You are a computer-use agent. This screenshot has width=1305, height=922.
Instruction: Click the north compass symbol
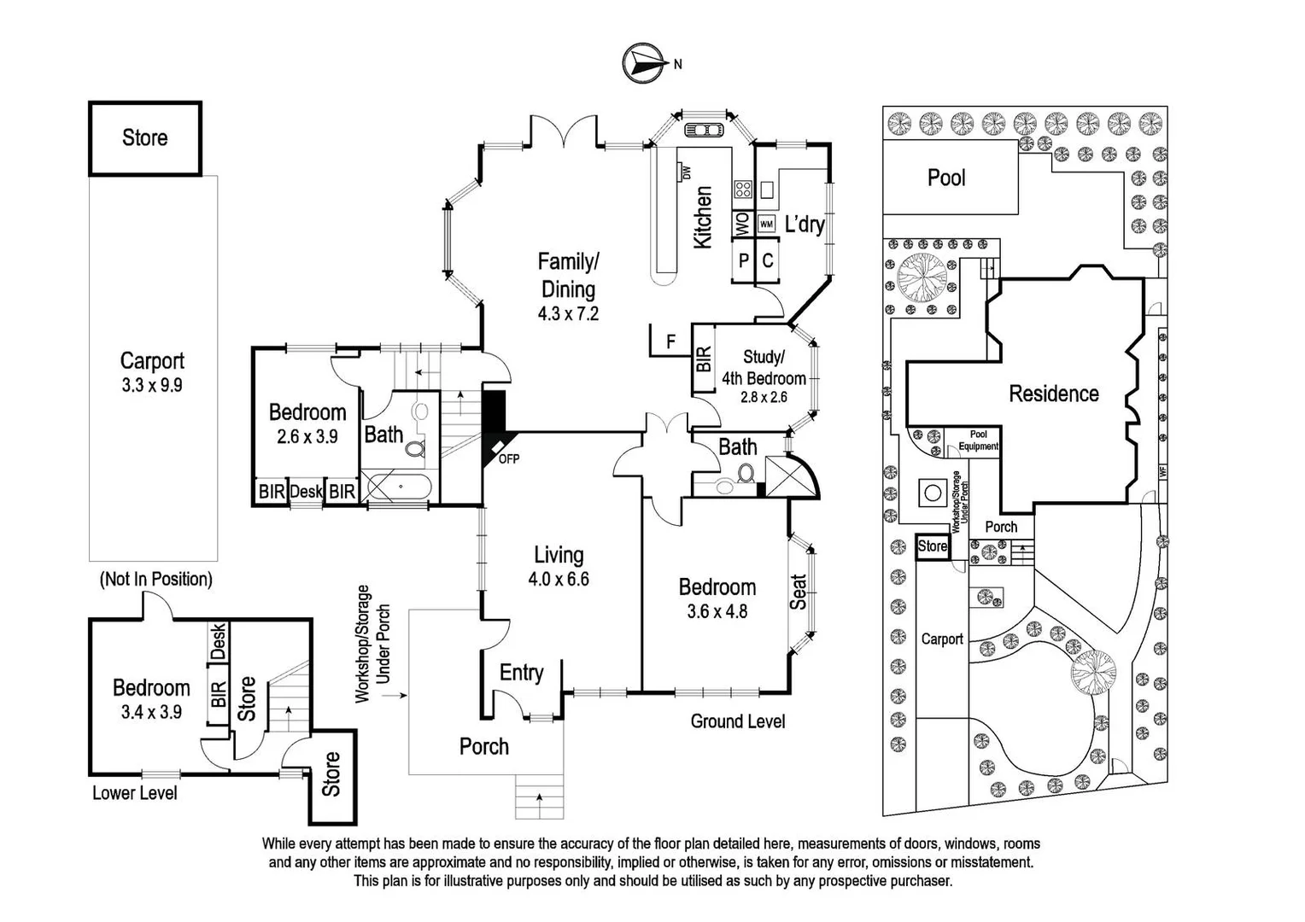coord(644,63)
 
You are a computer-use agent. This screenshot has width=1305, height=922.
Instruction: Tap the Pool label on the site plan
coord(946,178)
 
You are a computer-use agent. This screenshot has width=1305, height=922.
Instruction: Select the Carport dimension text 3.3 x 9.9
coord(152,385)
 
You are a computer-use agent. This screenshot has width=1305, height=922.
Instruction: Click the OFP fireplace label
coord(509,459)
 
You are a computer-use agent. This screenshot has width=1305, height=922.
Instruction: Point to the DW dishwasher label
coord(687,173)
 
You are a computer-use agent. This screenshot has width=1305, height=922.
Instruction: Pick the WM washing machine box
coord(767,225)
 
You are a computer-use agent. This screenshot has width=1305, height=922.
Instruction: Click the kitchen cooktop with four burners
coord(743,189)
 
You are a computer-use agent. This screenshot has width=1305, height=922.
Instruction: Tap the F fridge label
coord(670,341)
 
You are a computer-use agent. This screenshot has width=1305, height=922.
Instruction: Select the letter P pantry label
coord(743,260)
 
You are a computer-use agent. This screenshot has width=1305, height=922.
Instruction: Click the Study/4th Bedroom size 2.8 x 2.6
coord(764,397)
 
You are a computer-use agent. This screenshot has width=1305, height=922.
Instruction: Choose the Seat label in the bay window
coord(798,592)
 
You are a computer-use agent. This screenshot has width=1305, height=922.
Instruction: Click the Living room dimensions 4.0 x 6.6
coord(559,579)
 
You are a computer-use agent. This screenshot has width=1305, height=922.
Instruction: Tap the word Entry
coord(522,673)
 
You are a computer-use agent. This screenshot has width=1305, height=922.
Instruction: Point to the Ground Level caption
coord(738,721)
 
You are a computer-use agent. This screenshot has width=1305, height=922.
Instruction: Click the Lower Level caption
coord(135,793)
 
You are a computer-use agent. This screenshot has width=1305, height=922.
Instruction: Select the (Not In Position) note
coord(156,579)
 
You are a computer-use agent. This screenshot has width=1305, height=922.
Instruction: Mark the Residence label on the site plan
coord(1054,394)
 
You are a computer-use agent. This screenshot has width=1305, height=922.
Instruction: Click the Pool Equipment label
coord(978,441)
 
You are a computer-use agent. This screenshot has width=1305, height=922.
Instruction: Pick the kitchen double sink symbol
coord(703,130)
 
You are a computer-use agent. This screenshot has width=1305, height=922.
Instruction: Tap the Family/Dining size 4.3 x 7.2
coord(568,314)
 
